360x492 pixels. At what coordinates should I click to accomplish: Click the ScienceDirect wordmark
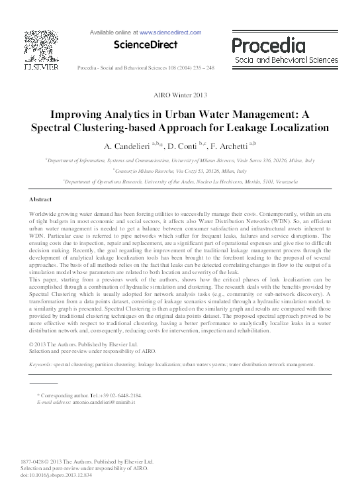146,45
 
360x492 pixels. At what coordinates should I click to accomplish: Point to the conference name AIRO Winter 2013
180,95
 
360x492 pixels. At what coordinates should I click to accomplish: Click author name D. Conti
187,145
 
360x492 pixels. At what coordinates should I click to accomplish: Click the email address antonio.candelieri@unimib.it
100,402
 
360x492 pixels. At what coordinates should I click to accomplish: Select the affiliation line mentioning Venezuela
180,181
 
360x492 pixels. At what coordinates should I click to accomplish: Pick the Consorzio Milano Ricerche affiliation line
180,170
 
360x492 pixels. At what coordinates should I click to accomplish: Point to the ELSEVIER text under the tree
41,66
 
